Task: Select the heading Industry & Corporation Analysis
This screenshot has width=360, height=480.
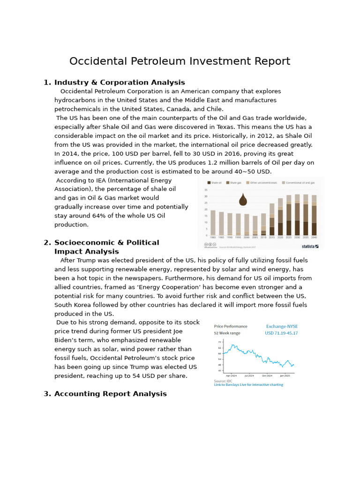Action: point(120,82)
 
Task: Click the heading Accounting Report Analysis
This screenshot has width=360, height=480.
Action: point(110,394)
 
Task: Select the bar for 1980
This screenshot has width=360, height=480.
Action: point(213,223)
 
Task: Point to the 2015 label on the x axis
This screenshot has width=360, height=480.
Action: point(272,238)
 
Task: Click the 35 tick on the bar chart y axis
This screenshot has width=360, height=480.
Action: point(206,190)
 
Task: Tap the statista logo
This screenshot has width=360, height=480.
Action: point(310,246)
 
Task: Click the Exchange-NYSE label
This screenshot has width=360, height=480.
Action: point(282,326)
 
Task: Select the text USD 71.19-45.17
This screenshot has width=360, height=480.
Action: point(281,333)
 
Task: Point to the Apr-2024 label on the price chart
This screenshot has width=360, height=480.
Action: point(232,375)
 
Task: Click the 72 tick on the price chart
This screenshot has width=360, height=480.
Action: point(219,342)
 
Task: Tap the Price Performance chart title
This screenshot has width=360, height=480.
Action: point(231,326)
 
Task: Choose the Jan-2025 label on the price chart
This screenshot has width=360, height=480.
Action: point(285,375)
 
